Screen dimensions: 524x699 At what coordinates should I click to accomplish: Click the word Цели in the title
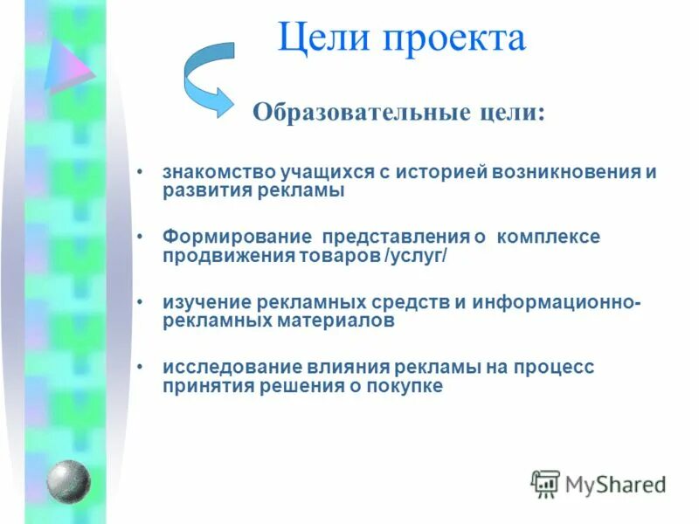point(321,40)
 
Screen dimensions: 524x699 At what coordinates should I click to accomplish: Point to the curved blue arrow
point(208,79)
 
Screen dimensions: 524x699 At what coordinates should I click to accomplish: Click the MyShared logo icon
point(546,484)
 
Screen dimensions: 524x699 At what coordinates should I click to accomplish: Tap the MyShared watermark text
point(615,484)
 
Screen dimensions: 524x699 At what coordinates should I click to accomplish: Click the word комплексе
point(549,238)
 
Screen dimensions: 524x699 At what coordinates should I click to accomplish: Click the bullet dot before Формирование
point(142,237)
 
